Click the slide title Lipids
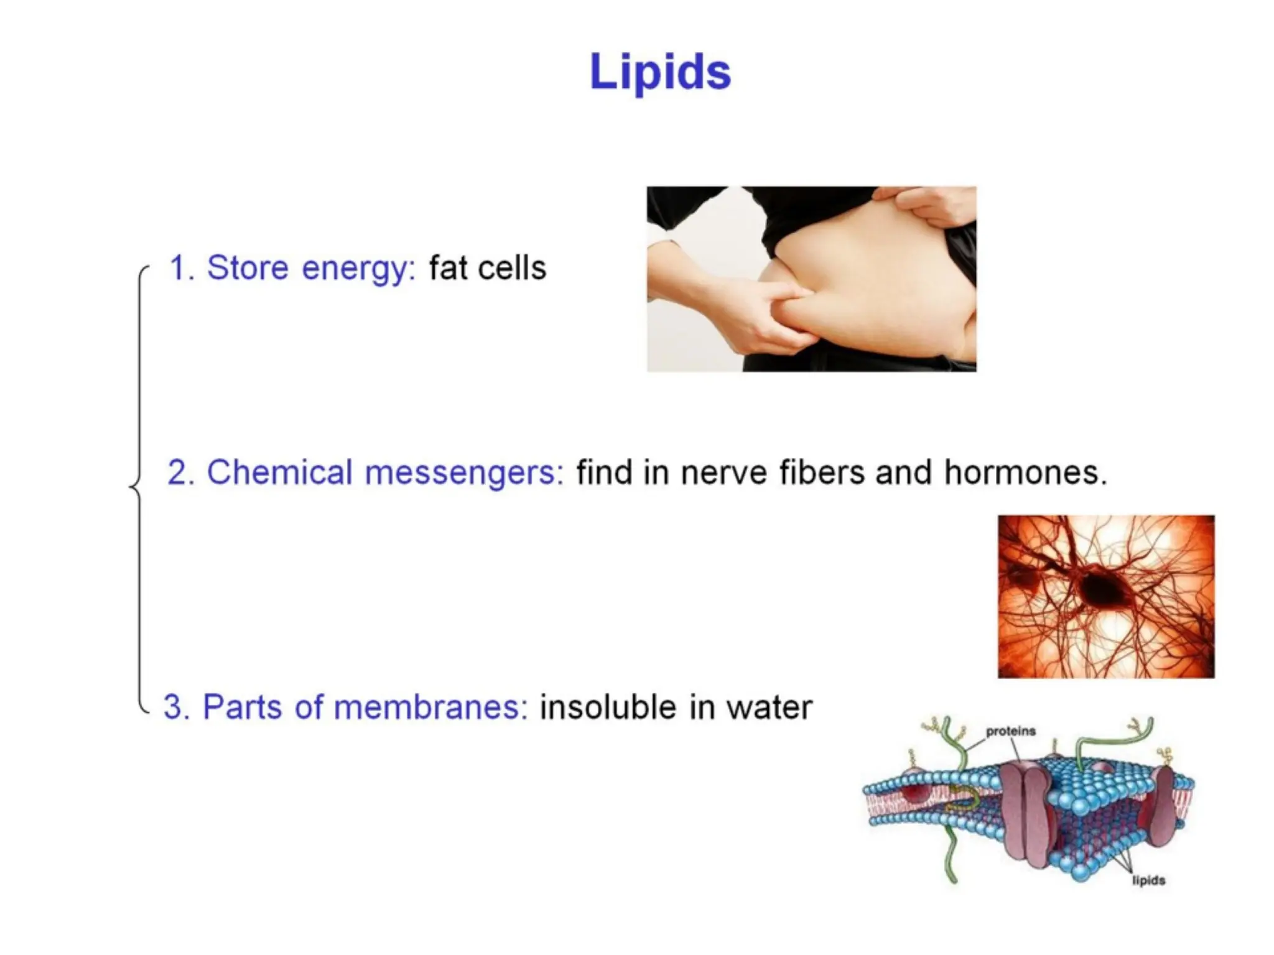(x=660, y=72)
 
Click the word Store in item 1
(x=247, y=268)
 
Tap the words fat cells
(x=487, y=268)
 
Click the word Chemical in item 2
(x=279, y=472)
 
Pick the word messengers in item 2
(x=464, y=473)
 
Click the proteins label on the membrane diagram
(x=1011, y=731)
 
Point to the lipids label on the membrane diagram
(x=1148, y=880)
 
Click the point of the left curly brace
(x=131, y=486)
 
